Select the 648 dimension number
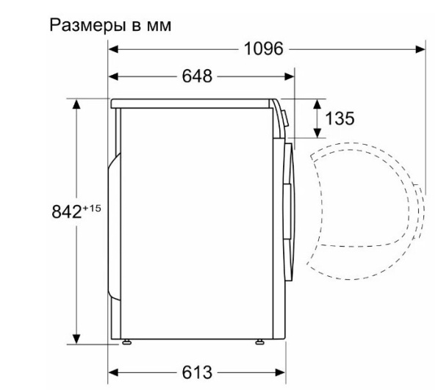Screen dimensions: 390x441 point(196,76)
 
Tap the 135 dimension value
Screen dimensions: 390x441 point(339,118)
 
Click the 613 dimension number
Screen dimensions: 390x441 point(196,370)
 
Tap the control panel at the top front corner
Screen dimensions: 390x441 point(280,115)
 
